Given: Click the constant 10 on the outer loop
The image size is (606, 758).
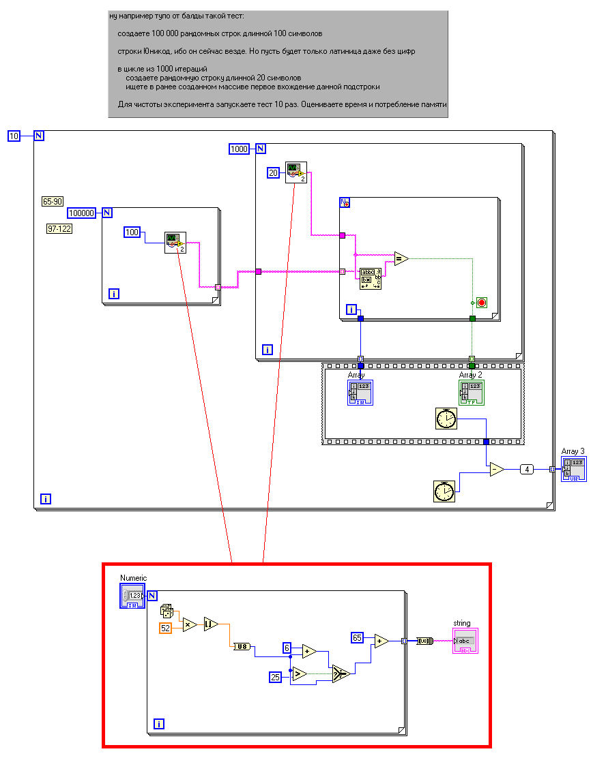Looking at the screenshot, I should pos(14,136).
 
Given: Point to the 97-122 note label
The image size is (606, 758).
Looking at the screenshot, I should pos(59,228).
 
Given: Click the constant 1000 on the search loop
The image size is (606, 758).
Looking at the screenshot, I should pos(239,149).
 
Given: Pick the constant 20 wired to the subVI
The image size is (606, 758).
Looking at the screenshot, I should pos(273,173).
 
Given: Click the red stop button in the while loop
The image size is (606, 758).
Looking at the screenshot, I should pos(481,302).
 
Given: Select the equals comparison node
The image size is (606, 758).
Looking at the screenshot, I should pos(401,258).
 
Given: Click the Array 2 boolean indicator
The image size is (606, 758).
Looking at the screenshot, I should pos(471,393).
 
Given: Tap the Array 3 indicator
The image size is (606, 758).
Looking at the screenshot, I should pos(573,469).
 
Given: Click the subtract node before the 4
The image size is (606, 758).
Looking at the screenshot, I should pos(496,469).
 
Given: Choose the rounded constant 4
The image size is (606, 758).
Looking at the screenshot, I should pos(526,469).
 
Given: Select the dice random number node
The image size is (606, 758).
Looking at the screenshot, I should pos(167,610).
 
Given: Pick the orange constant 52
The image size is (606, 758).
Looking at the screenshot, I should pos(166,628).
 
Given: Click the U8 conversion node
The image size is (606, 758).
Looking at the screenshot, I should pos(242,646).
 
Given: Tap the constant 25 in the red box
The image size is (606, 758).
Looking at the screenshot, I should pos(275,677).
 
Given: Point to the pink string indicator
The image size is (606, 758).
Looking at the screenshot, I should pos(465,641).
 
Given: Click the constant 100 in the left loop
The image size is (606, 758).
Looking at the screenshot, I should pos(132,232).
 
